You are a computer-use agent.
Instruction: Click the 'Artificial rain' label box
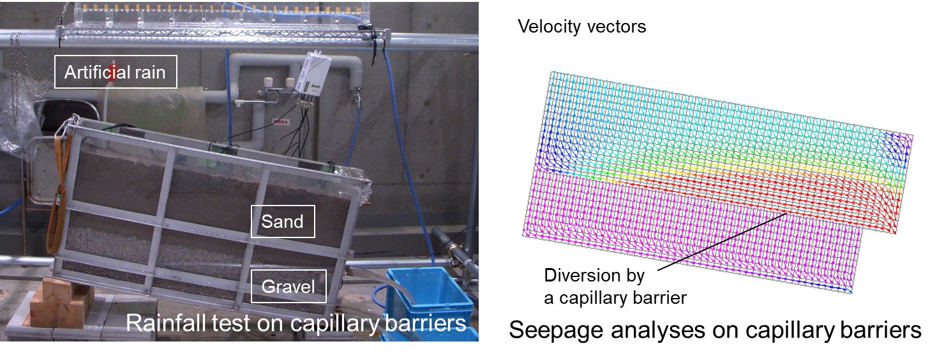116,71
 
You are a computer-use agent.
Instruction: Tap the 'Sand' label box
283,221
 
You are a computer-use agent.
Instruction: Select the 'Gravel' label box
289,287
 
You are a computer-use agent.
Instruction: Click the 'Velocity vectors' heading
582,26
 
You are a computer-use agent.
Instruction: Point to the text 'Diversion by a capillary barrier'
615,287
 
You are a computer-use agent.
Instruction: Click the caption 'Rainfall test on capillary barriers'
296,323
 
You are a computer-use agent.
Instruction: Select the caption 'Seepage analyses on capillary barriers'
715,330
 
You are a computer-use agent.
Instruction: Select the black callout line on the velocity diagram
723,242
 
